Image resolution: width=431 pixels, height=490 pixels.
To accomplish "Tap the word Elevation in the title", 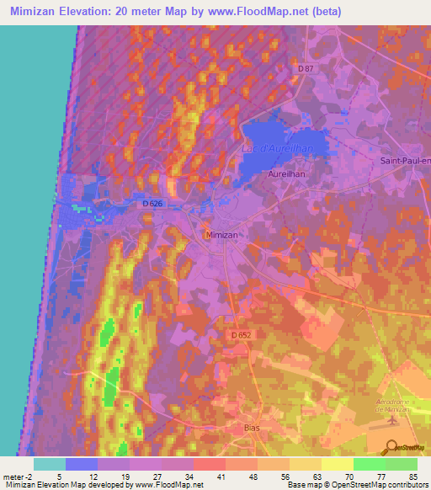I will click(x=90, y=9).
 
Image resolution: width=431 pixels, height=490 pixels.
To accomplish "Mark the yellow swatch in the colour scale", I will click(x=337, y=463).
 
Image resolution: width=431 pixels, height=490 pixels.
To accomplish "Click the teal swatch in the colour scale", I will click(x=49, y=463).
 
